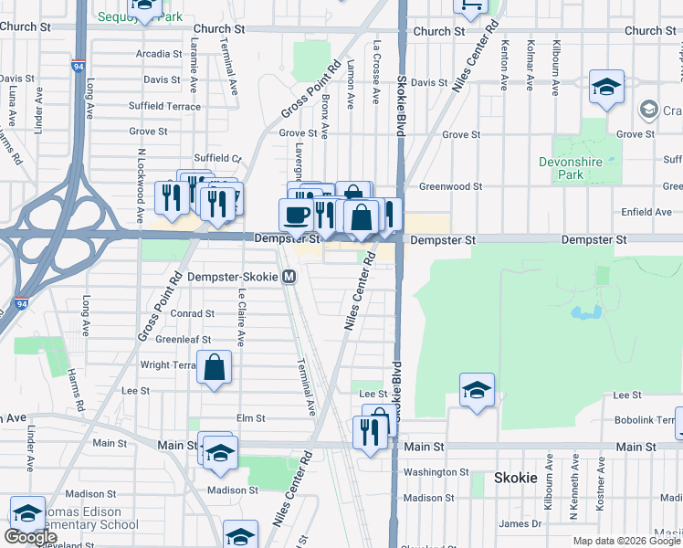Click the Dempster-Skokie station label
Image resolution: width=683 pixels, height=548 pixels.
pos(233,277)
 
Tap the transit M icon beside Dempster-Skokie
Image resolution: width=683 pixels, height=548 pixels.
pos(289,277)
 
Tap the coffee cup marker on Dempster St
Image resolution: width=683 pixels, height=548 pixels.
pos(295,215)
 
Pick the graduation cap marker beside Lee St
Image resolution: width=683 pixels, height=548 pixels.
pos(477,390)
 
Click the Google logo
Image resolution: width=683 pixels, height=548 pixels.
pos(30,537)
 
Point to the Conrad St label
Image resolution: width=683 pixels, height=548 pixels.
pos(193,313)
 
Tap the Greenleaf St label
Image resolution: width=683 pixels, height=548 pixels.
pos(178,339)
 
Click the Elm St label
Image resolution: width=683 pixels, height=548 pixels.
pos(250,418)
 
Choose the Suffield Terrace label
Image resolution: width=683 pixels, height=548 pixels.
pos(164,106)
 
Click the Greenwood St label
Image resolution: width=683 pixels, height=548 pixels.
pos(450,187)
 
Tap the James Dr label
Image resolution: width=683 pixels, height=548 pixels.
pos(520,523)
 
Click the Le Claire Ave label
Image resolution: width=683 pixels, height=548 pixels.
pos(241,319)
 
